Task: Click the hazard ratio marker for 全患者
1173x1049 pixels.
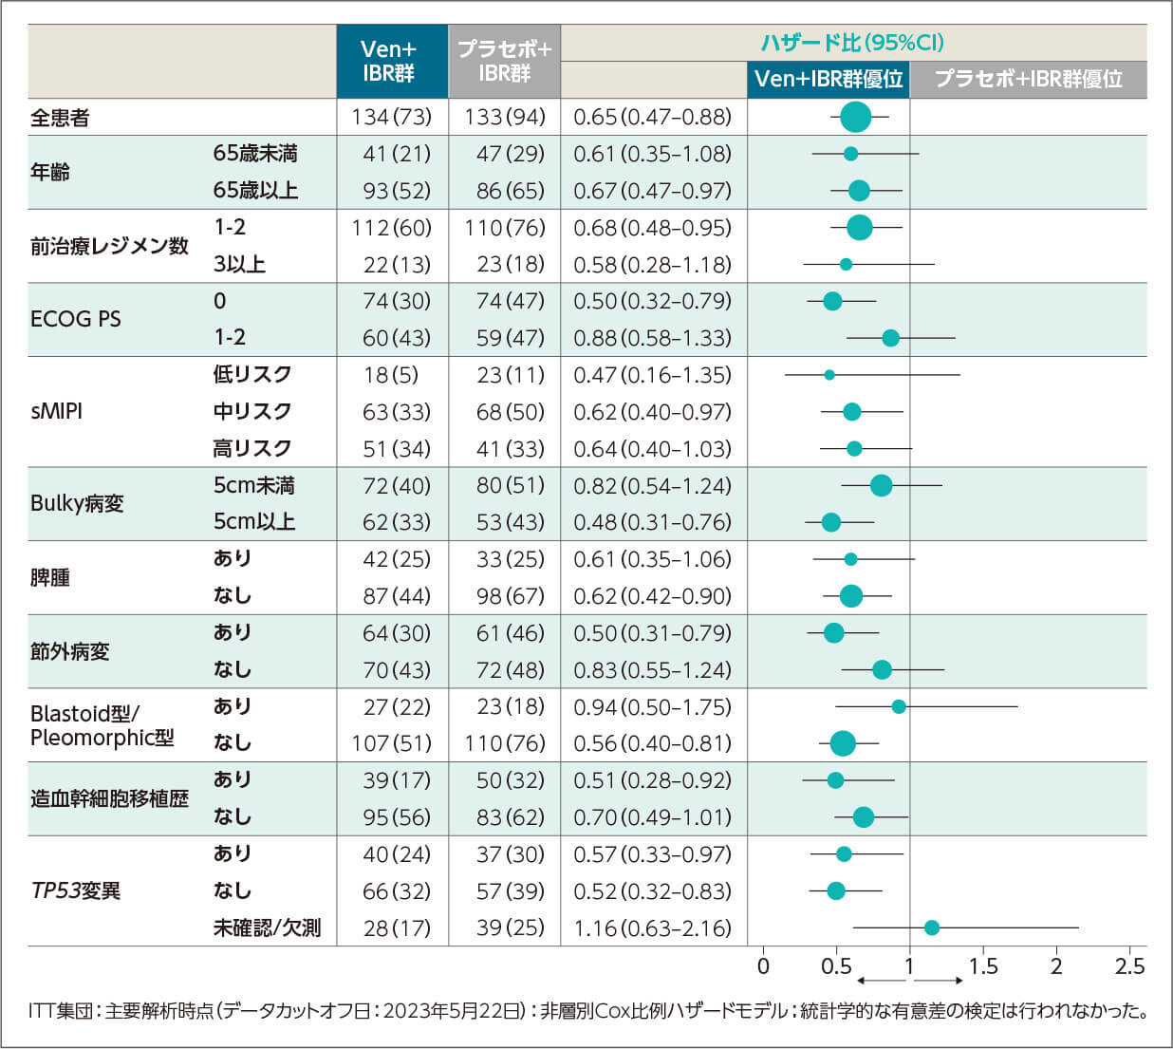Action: (855, 117)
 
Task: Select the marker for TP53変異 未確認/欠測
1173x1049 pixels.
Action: (931, 927)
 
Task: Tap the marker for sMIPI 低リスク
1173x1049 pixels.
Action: (829, 375)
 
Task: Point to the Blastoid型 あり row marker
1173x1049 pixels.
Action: (898, 706)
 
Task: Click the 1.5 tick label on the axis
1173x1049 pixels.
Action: (983, 966)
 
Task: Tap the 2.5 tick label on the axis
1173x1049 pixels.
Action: (1129, 966)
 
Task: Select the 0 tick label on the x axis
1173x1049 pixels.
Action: (763, 966)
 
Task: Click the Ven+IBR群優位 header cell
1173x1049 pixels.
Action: (829, 79)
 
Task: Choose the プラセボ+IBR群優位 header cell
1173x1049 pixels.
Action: (1028, 79)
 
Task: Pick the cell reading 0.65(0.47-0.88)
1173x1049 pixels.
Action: (653, 117)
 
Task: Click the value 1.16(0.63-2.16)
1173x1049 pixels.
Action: (653, 927)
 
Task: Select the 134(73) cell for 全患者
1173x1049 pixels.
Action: (391, 117)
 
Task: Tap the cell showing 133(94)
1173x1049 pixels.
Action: (505, 117)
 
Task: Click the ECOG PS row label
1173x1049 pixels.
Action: (76, 319)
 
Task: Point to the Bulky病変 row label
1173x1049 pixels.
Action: (77, 503)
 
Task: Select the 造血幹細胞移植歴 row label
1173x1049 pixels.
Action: (109, 798)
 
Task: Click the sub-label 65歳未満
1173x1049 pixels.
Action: (255, 154)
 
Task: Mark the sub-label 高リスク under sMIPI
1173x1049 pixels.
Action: (252, 448)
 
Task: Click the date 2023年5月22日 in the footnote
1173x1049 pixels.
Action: (455, 1011)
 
